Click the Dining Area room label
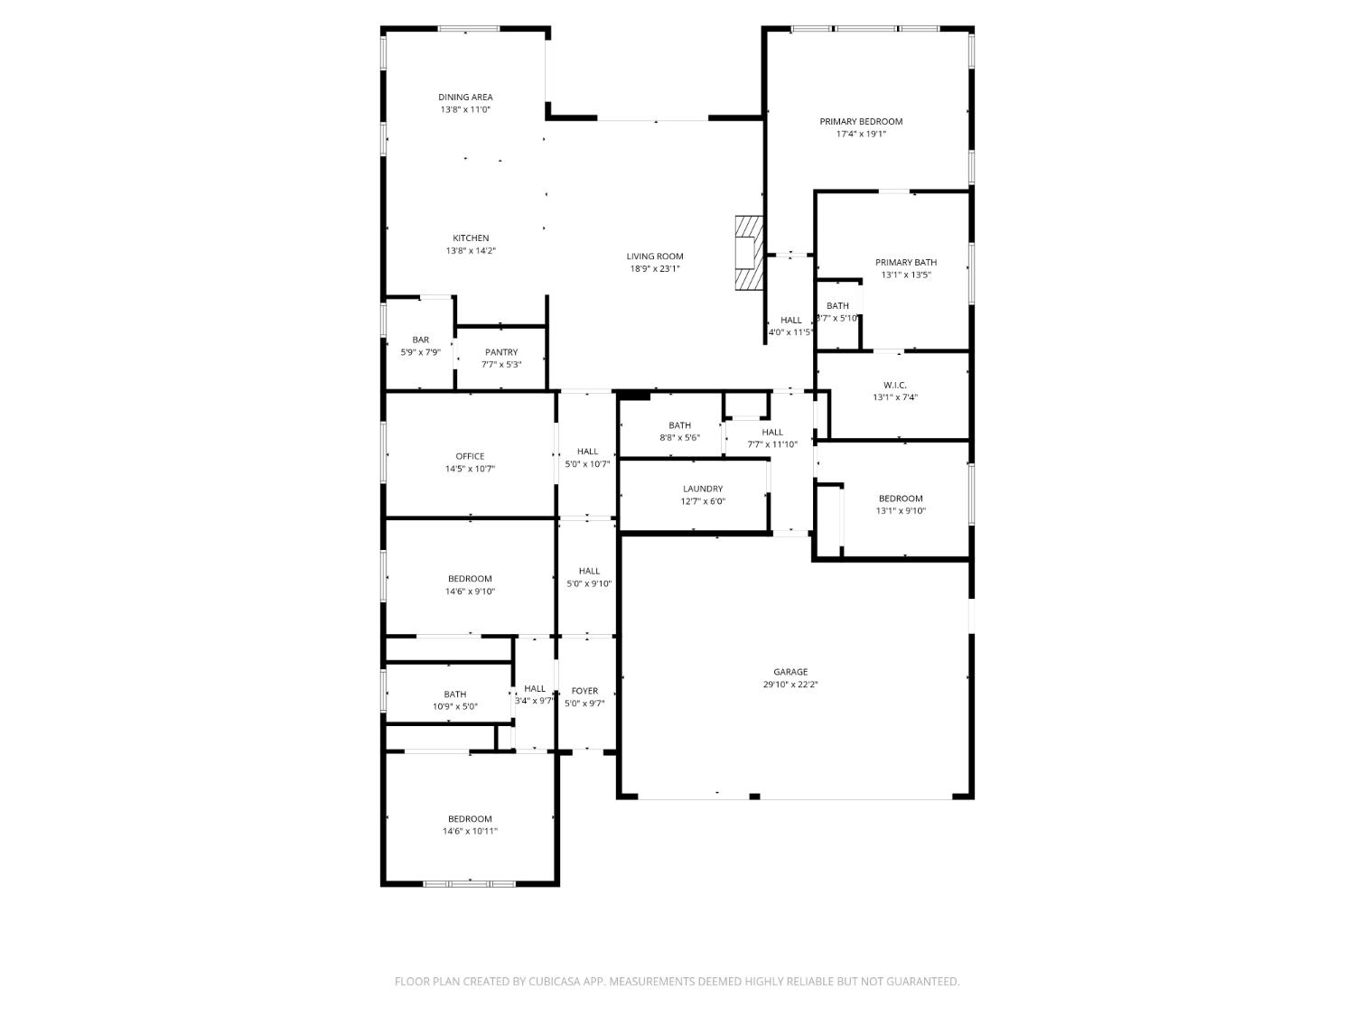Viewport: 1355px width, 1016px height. (x=465, y=98)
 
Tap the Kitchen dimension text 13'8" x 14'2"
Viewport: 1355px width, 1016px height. (x=471, y=251)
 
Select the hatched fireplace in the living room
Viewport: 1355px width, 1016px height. (x=749, y=253)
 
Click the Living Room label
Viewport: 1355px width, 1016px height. (x=655, y=256)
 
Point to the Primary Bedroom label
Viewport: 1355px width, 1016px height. (x=861, y=122)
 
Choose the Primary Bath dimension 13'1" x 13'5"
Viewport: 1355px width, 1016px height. (x=905, y=275)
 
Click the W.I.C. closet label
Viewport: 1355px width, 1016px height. (x=894, y=386)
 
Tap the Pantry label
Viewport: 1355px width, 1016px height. (x=501, y=352)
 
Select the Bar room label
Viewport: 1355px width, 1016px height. (x=420, y=340)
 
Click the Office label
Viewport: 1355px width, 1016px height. (x=470, y=456)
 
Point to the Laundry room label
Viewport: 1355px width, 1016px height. (x=703, y=489)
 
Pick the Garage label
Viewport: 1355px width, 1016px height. (x=790, y=672)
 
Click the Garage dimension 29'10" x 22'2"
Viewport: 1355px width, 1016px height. (x=790, y=685)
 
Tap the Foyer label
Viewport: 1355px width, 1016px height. (x=584, y=691)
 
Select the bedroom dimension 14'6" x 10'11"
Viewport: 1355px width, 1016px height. (x=470, y=832)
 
